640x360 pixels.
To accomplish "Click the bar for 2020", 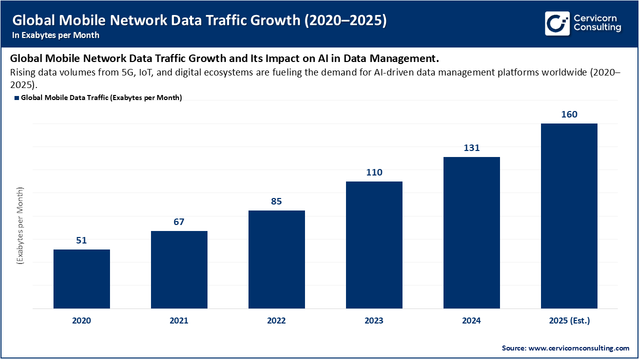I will (81, 278).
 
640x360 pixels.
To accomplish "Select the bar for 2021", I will (179, 269).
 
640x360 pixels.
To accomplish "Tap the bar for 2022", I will (276, 259).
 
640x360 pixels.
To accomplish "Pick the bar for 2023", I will (374, 244).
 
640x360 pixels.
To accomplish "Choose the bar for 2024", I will (471, 232).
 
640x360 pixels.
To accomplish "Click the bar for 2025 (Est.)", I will (569, 215).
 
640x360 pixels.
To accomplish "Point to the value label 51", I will (81, 240).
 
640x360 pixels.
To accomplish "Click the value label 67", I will (179, 222).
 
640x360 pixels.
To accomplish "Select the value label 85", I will (276, 201).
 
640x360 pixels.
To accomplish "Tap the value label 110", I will (374, 172).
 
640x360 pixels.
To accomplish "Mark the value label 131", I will (471, 148).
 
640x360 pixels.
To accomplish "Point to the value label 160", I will (569, 114).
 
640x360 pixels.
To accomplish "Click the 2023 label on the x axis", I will (374, 321).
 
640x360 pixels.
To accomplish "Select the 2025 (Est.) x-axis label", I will (569, 321).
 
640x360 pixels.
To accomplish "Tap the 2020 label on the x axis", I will (81, 321).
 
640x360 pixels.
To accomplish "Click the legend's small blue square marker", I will (16, 98).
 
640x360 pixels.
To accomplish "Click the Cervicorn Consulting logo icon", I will (557, 23).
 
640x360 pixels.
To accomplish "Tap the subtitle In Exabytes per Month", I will (56, 35).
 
